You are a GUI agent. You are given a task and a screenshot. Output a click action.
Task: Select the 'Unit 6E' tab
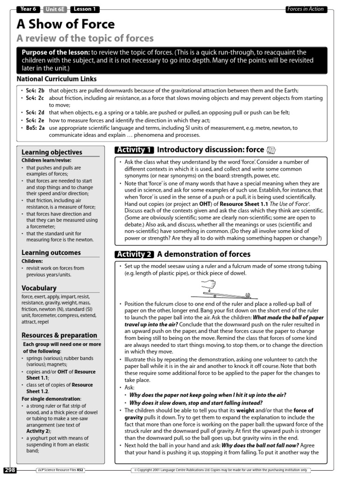[56, 9]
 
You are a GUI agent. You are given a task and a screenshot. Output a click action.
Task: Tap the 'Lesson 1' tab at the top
[85, 9]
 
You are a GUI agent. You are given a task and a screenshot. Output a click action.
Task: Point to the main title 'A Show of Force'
[66, 24]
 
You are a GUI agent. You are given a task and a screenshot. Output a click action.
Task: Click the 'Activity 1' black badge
[134, 150]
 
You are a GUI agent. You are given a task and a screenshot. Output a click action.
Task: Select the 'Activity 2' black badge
[134, 255]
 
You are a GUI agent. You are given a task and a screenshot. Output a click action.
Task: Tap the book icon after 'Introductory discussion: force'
[271, 150]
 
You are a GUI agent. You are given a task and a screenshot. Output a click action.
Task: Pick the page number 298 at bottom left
[10, 470]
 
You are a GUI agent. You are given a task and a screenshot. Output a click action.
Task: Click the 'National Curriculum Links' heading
[57, 79]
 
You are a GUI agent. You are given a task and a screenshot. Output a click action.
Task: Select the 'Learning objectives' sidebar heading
[52, 152]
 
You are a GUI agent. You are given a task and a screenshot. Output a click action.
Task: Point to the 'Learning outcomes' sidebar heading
[51, 253]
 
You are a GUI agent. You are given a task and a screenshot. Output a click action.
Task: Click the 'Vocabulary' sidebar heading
[39, 288]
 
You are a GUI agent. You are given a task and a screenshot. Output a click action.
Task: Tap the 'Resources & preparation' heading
[60, 335]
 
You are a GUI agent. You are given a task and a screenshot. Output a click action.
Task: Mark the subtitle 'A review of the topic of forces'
[85, 38]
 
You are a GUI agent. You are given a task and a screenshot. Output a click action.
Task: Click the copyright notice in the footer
[223, 470]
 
